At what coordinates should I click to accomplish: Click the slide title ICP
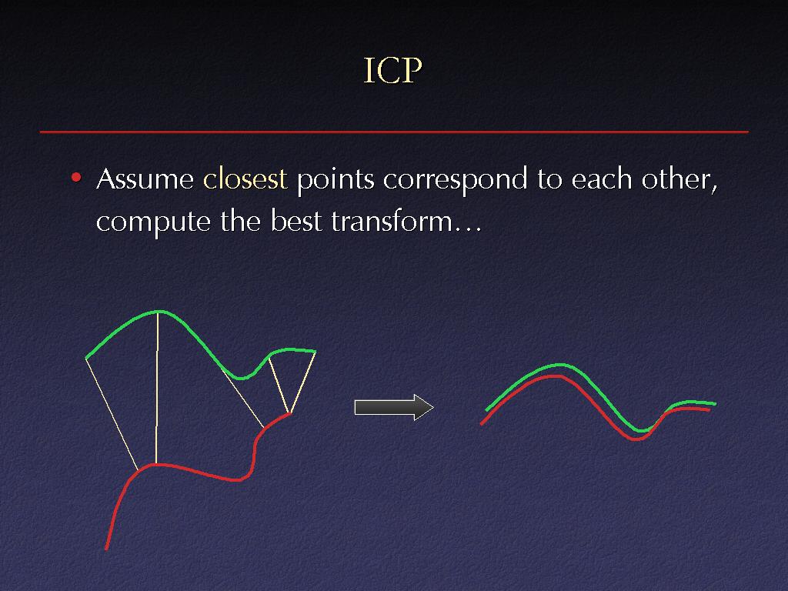pyautogui.click(x=392, y=70)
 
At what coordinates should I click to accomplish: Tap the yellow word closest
pyautogui.click(x=245, y=179)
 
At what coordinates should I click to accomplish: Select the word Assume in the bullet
pyautogui.click(x=145, y=179)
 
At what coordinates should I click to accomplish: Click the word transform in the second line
pyautogui.click(x=392, y=221)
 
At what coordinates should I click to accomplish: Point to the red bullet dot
pyautogui.click(x=76, y=178)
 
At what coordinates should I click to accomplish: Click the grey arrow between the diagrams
pyautogui.click(x=394, y=407)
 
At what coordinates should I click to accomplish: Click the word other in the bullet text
pyautogui.click(x=679, y=179)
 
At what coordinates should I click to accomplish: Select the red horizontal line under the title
pyautogui.click(x=394, y=132)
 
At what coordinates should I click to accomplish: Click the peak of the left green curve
pyautogui.click(x=158, y=312)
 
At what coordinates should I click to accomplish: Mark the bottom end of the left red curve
pyautogui.click(x=106, y=549)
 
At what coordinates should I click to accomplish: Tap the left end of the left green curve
pyautogui.click(x=86, y=358)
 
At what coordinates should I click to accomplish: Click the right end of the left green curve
pyautogui.click(x=315, y=351)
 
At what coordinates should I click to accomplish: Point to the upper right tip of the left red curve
pyautogui.click(x=289, y=413)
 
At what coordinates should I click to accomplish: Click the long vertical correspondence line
pyautogui.click(x=157, y=388)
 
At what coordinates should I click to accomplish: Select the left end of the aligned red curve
pyautogui.click(x=482, y=424)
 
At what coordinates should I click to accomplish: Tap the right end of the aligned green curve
pyautogui.click(x=715, y=403)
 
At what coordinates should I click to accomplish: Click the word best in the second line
pyautogui.click(x=296, y=221)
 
